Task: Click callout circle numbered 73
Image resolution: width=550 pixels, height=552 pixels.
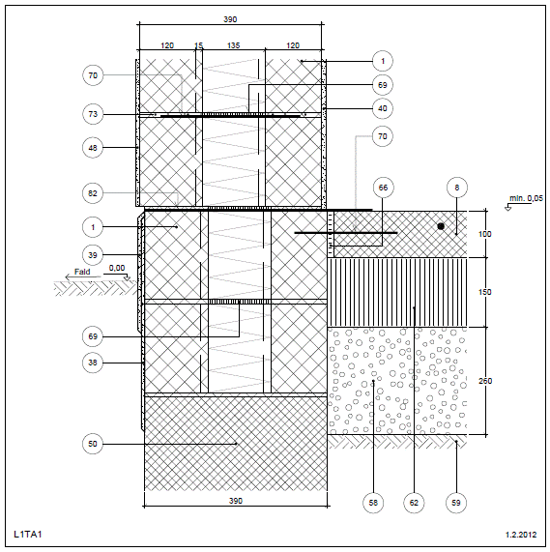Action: pyautogui.click(x=93, y=114)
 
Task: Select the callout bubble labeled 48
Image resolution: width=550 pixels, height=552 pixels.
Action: pyautogui.click(x=93, y=148)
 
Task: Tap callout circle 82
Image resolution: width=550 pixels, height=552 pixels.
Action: pyautogui.click(x=93, y=193)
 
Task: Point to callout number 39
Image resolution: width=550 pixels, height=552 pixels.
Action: pyautogui.click(x=93, y=255)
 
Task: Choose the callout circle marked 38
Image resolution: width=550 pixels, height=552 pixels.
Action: pyautogui.click(x=93, y=363)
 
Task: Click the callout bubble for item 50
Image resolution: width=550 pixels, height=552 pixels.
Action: pyautogui.click(x=93, y=444)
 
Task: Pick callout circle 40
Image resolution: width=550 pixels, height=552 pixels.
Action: pyautogui.click(x=383, y=108)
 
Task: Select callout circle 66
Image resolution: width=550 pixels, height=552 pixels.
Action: pyautogui.click(x=383, y=188)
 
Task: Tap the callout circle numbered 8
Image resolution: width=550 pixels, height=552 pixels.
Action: pyautogui.click(x=457, y=188)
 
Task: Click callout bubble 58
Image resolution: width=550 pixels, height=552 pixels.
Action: pyautogui.click(x=373, y=503)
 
